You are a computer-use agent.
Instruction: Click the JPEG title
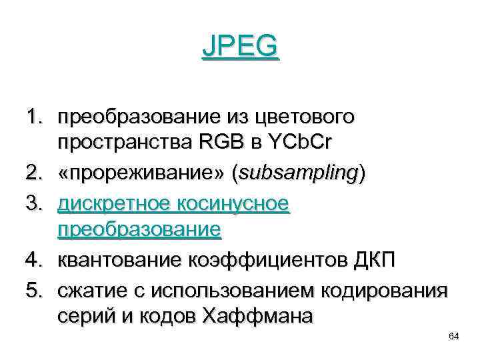[x=240, y=48]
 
